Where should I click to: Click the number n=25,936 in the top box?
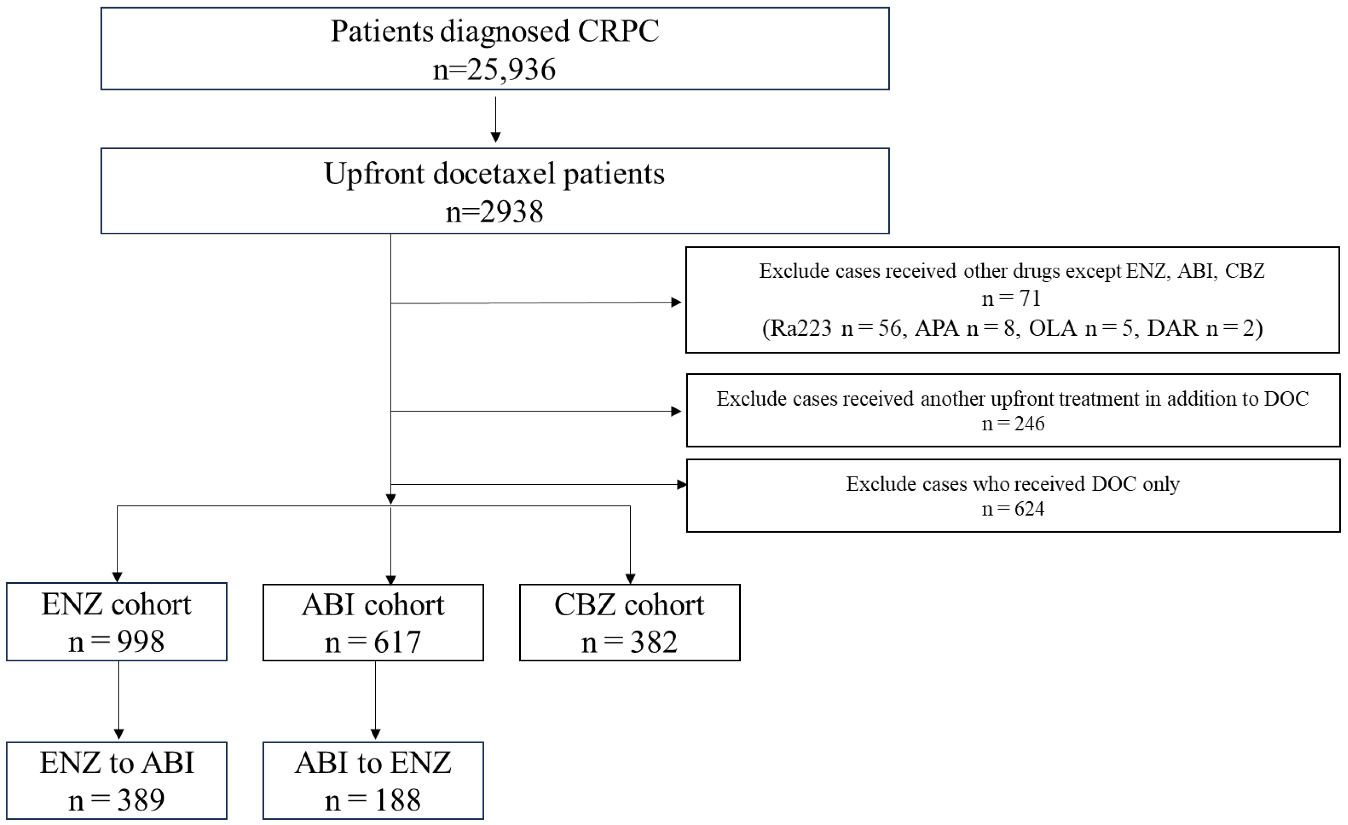pos(494,70)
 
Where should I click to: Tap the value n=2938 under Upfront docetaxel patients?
pos(494,212)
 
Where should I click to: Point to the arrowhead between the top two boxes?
pos(496,137)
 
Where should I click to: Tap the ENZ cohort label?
pos(116,605)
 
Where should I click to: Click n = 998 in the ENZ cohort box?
pos(116,642)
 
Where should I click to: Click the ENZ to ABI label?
pos(116,763)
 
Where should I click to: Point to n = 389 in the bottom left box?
pos(116,801)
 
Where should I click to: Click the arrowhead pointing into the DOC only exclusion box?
pos(682,484)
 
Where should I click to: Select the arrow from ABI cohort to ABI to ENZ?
pos(375,700)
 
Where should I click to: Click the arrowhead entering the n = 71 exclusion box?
pos(676,302)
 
